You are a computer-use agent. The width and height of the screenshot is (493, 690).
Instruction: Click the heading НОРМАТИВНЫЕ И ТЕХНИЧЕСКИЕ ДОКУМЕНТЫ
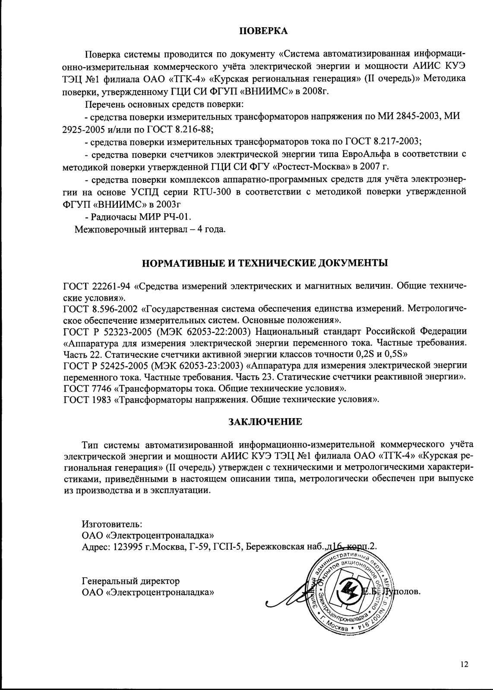(264, 263)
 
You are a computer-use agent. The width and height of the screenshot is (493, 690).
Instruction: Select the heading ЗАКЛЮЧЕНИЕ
(265, 422)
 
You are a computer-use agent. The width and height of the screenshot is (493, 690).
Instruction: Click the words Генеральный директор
(131, 580)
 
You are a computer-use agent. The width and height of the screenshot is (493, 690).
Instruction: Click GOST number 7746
(102, 388)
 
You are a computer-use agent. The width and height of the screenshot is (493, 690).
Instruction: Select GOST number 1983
(102, 399)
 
